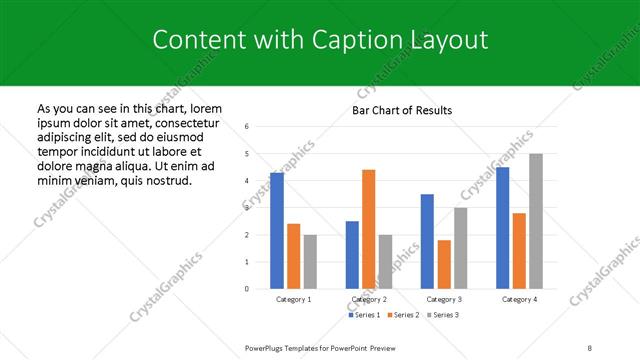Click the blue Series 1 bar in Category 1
(x=277, y=230)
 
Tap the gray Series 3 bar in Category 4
(x=536, y=221)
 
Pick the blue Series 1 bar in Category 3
(x=427, y=241)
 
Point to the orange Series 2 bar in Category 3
(x=444, y=264)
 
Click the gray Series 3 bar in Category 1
(x=310, y=261)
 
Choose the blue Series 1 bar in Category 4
(x=503, y=228)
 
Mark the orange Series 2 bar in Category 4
(x=519, y=251)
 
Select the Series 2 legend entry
(x=402, y=315)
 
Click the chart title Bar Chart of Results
(x=402, y=110)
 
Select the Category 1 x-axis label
(x=293, y=299)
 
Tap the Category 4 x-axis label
(x=519, y=299)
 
